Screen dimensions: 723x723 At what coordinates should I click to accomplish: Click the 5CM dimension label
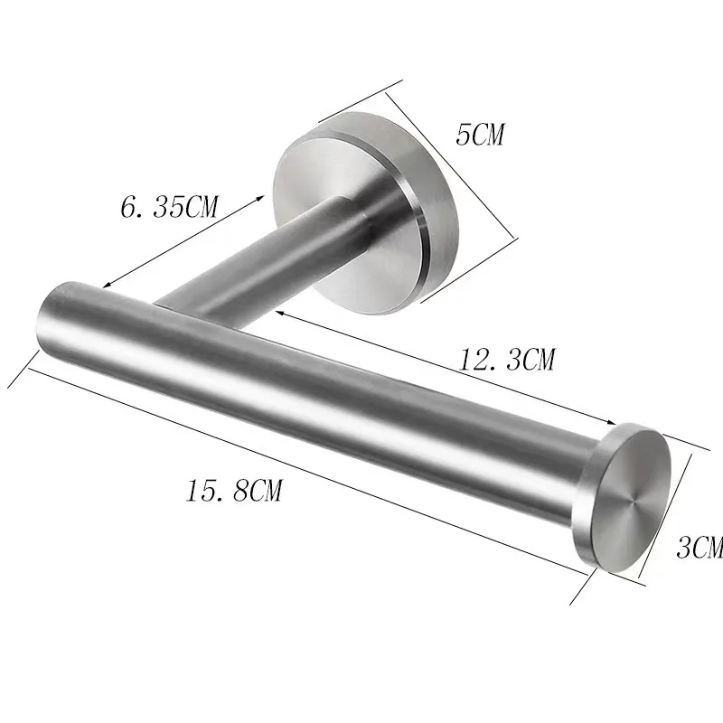pyautogui.click(x=480, y=136)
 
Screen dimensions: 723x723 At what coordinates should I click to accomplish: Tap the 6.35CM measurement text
pyautogui.click(x=170, y=208)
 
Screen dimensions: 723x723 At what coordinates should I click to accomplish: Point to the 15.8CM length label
pyautogui.click(x=234, y=492)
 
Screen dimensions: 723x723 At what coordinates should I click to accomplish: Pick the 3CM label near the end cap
pyautogui.click(x=700, y=547)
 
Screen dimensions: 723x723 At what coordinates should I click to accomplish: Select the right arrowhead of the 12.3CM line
pyautogui.click(x=614, y=422)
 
